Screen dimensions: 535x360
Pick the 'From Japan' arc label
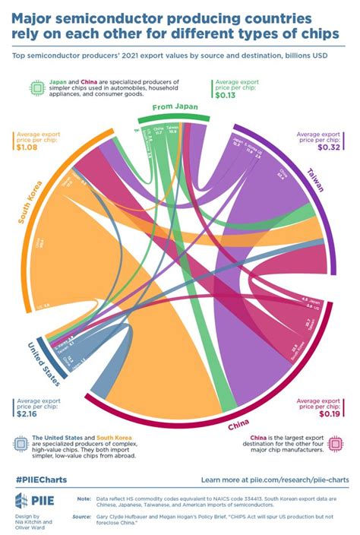click(x=175, y=108)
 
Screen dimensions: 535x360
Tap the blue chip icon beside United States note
click(x=20, y=444)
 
